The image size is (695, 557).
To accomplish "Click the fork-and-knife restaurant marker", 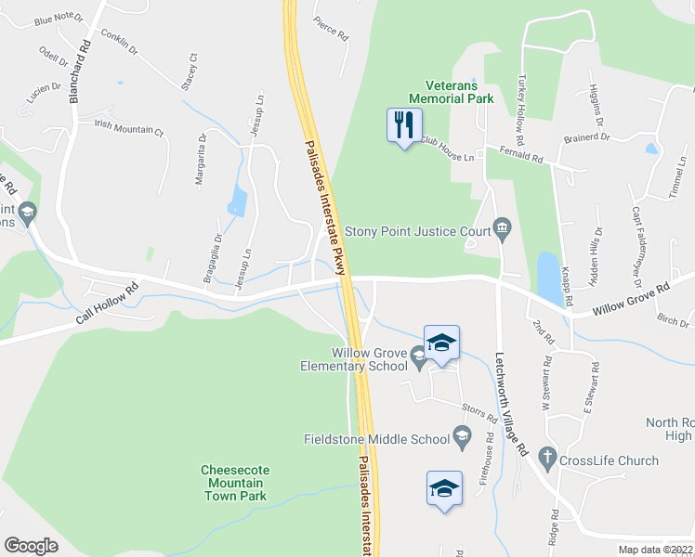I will pos(404,125).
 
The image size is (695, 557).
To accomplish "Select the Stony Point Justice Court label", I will pos(417,231).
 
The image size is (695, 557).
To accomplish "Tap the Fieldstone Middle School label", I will pos(376,439).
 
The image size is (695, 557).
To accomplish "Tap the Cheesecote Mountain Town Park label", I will pos(233,483).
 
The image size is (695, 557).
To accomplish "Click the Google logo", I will pos(31,545).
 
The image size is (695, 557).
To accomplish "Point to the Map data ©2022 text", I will pos(656,550).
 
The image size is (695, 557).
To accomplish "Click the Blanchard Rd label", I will pos(80,71).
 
